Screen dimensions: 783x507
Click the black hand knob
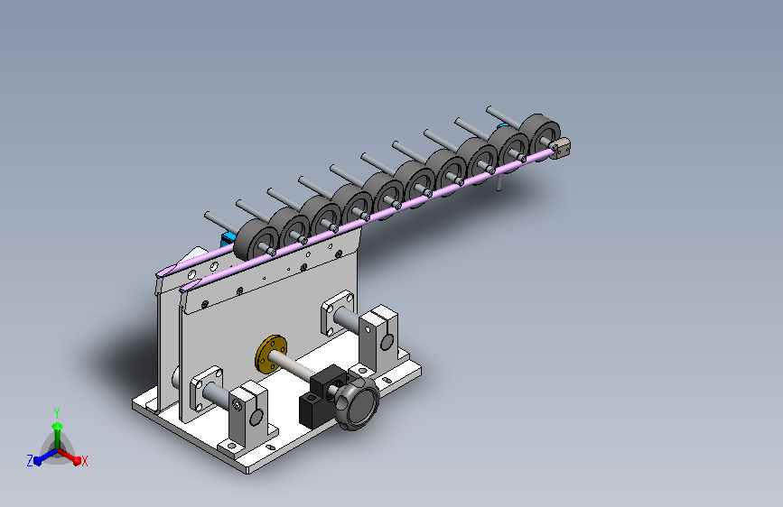click(357, 402)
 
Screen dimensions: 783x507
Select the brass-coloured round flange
click(271, 354)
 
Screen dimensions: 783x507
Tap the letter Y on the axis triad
click(57, 412)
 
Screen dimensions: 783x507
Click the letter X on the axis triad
click(84, 462)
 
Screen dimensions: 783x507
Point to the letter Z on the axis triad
click(30, 461)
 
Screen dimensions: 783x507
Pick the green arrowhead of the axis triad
click(58, 426)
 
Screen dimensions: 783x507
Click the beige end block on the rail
click(562, 148)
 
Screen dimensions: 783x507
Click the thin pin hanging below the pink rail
click(499, 183)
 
